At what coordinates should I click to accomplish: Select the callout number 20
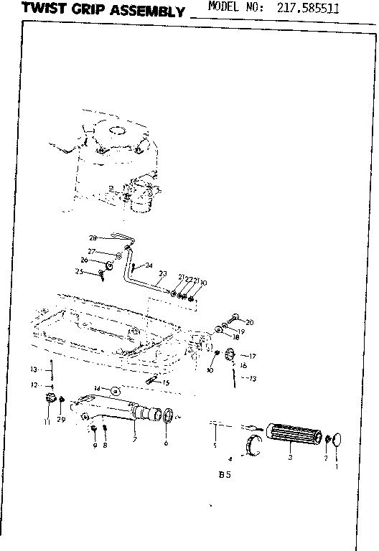(x=249, y=322)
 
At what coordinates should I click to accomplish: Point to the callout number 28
(x=93, y=238)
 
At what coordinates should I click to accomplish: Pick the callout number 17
(x=252, y=356)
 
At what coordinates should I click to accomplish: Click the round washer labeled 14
(x=115, y=390)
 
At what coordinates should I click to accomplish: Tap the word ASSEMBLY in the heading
(x=151, y=11)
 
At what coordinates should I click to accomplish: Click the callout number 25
(x=80, y=271)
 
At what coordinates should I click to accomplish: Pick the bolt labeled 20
(x=235, y=318)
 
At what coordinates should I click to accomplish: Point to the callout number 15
(x=166, y=382)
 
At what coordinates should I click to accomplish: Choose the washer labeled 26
(x=110, y=266)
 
